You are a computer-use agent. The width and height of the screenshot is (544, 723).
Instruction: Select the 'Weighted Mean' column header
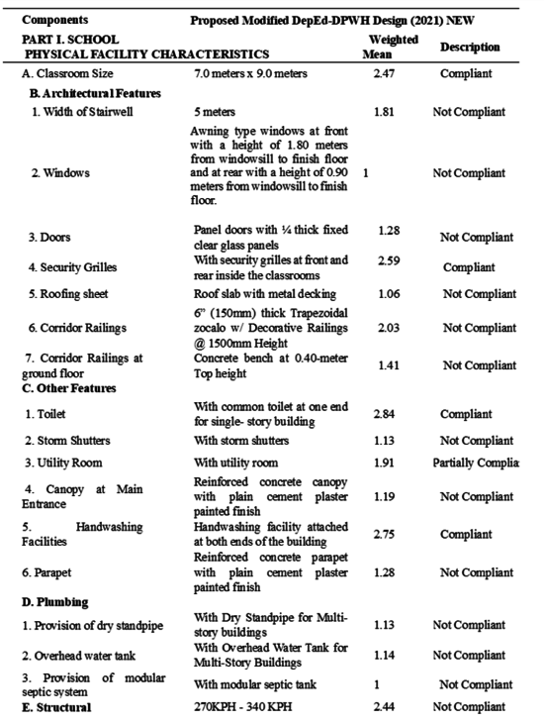pyautogui.click(x=393, y=46)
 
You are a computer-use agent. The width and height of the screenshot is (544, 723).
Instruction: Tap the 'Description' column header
pyautogui.click(x=470, y=47)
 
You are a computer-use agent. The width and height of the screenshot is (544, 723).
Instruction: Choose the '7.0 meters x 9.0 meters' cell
pyautogui.click(x=251, y=74)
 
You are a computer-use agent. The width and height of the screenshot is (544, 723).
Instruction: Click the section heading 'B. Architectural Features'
pyautogui.click(x=96, y=93)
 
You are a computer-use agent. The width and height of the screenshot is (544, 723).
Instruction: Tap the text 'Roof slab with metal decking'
pyautogui.click(x=265, y=293)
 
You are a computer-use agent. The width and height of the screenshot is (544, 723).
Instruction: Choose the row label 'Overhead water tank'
pyautogui.click(x=82, y=655)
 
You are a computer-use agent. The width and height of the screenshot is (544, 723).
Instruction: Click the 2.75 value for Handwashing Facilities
pyautogui.click(x=385, y=534)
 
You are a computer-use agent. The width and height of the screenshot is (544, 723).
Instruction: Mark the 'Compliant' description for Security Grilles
pyautogui.click(x=469, y=267)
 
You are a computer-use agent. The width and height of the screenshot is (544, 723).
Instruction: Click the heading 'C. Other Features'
pyautogui.click(x=69, y=388)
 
